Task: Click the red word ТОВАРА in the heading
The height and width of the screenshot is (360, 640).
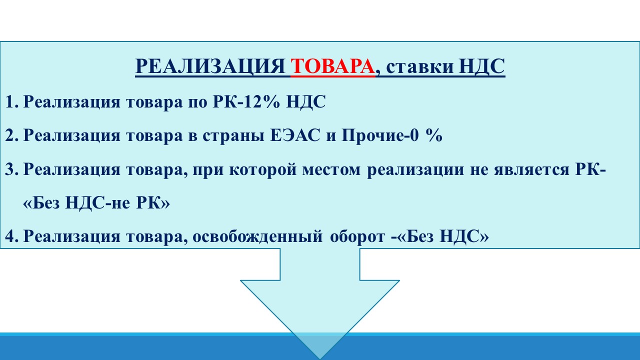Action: tap(332, 66)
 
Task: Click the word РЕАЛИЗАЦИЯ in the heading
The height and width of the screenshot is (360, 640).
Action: tap(210, 67)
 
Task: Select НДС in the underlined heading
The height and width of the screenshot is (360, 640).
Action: tap(482, 67)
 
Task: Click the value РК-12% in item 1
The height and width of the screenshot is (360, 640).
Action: tap(246, 101)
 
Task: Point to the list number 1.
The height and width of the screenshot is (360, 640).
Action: tap(11, 101)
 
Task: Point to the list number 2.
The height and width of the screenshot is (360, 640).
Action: tap(11, 135)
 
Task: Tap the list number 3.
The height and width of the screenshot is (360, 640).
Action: tap(11, 169)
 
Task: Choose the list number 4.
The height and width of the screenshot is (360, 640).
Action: tap(11, 236)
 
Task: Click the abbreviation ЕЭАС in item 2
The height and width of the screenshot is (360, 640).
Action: tap(295, 135)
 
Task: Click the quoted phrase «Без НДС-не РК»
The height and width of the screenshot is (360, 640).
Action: tap(96, 203)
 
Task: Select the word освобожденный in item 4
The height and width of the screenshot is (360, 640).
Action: tap(257, 237)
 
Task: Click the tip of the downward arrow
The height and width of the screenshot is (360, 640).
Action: tap(320, 359)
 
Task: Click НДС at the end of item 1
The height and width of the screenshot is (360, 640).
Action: tap(305, 102)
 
